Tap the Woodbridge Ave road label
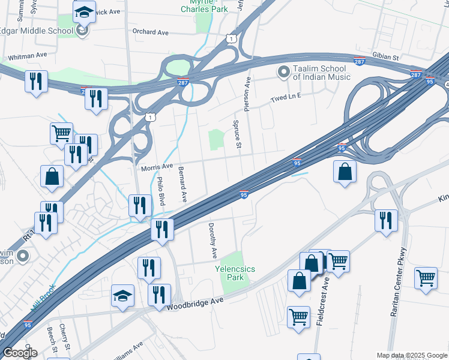195,303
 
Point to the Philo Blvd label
160,191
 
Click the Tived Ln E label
285,97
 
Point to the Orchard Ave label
150,32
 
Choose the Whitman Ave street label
25,55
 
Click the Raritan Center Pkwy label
398,282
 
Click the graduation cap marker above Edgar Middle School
84,12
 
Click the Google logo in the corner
20,353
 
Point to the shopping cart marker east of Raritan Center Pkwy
426,278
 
